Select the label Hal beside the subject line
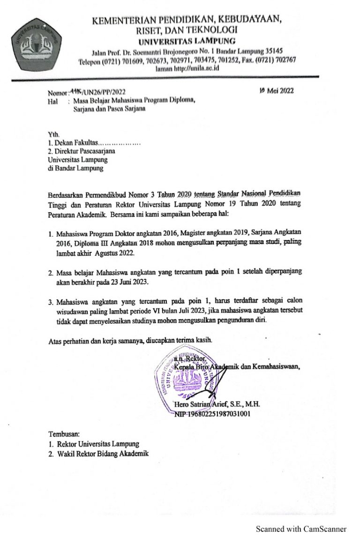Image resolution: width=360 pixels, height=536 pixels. click(53, 100)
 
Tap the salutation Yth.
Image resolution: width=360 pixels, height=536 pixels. click(54, 135)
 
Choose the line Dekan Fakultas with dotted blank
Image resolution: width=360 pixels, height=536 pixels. click(94, 143)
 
